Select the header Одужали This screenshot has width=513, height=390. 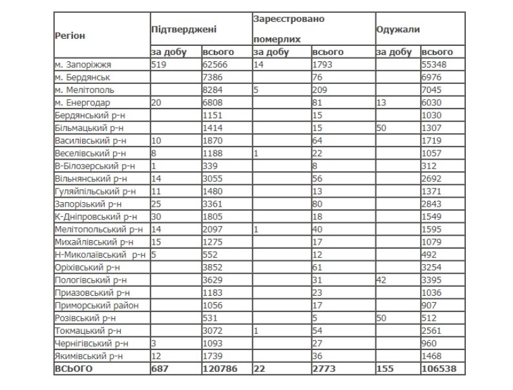(398, 30)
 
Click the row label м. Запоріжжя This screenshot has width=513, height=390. (83, 65)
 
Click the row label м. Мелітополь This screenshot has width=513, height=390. (85, 90)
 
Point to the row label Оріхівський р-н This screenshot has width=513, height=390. (88, 266)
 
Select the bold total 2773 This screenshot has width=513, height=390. (324, 368)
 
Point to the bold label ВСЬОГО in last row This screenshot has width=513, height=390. (74, 368)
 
